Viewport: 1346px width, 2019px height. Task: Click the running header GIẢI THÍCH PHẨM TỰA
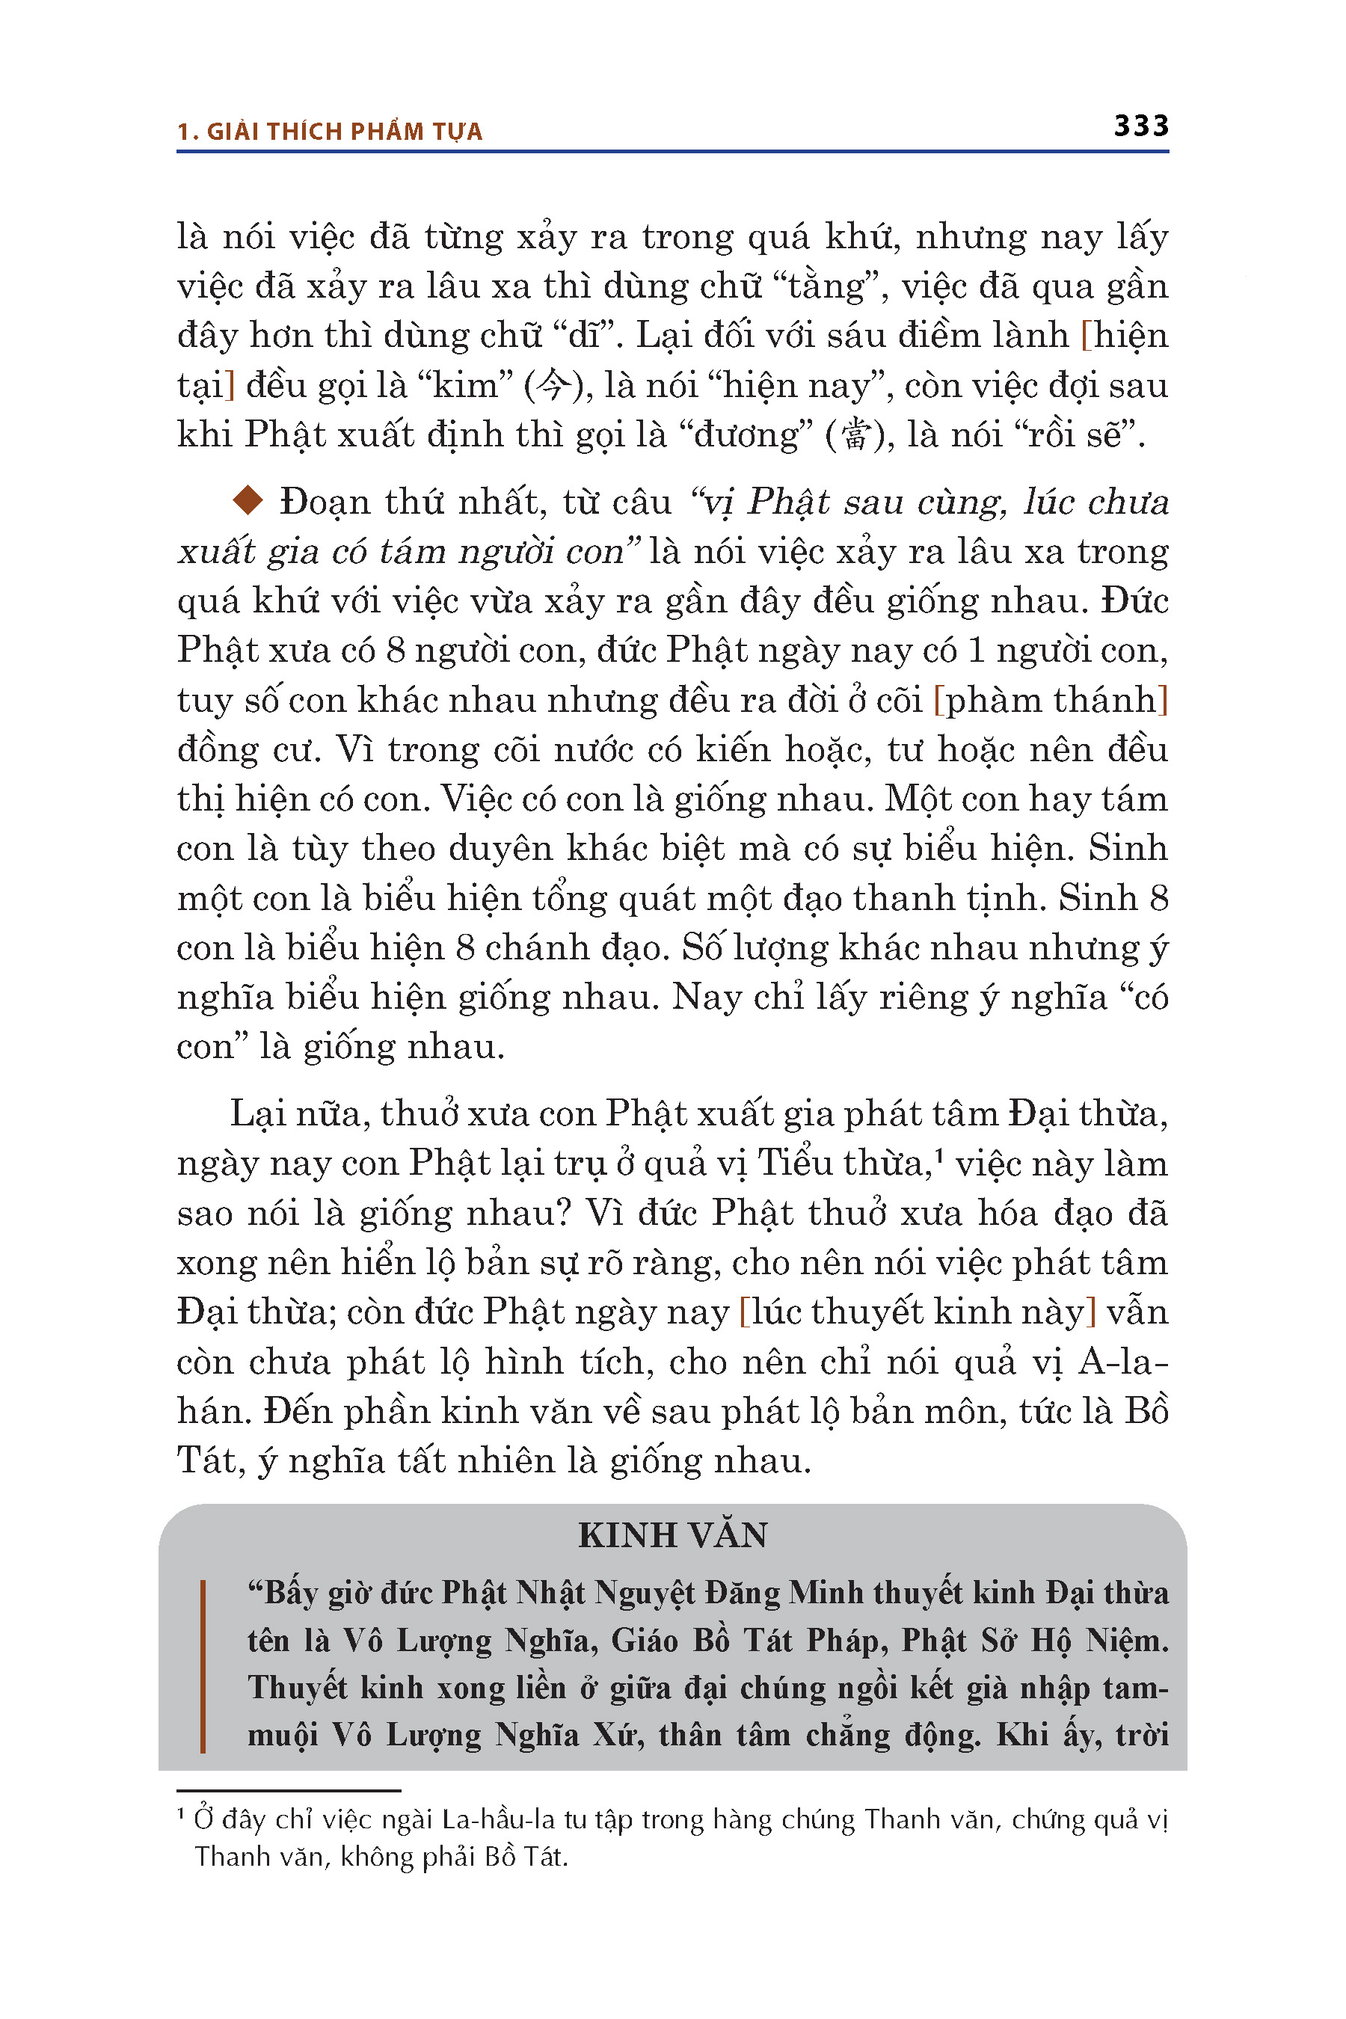pyautogui.click(x=343, y=132)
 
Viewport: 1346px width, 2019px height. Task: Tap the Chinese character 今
pyautogui.click(x=550, y=385)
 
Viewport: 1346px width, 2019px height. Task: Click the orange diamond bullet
pyautogui.click(x=248, y=500)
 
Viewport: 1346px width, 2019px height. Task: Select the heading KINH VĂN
pyautogui.click(x=672, y=1536)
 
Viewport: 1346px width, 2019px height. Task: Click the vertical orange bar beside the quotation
pyautogui.click(x=203, y=1665)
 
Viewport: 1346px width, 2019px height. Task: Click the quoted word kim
pyautogui.click(x=465, y=385)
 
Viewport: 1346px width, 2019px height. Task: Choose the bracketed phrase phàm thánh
pyautogui.click(x=1050, y=700)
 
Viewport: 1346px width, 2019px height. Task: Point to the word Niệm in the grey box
pyautogui.click(x=1125, y=1641)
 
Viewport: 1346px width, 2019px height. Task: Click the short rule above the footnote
pyautogui.click(x=289, y=1791)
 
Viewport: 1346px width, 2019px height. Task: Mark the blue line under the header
pyautogui.click(x=672, y=152)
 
